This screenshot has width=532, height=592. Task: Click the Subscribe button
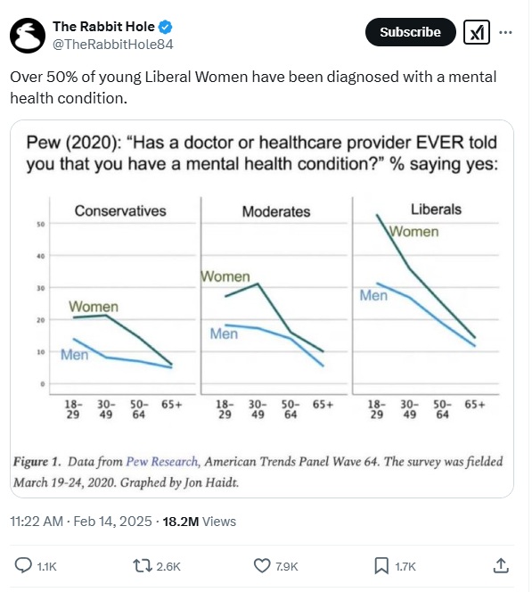(410, 32)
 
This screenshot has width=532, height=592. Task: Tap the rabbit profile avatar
(28, 35)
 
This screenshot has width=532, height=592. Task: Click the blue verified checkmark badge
(165, 27)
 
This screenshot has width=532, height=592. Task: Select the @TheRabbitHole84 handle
(113, 45)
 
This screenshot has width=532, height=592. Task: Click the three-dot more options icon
(505, 32)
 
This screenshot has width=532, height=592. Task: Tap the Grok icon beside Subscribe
(477, 32)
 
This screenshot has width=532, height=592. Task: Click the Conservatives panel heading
(120, 210)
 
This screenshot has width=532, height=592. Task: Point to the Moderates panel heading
(276, 211)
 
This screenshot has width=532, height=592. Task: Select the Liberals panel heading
(436, 210)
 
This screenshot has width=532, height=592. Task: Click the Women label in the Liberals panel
(414, 232)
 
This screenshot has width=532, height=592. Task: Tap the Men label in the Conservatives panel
(74, 355)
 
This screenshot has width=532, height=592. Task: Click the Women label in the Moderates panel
(225, 276)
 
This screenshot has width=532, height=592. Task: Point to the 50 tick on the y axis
(41, 225)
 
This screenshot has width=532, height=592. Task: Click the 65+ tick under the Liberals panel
(475, 405)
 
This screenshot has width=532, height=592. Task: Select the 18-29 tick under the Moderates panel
(225, 409)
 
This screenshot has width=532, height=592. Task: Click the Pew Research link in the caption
(162, 461)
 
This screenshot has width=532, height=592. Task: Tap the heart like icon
(261, 566)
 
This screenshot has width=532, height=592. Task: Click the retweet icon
(143, 566)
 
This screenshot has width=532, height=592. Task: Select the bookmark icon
(381, 566)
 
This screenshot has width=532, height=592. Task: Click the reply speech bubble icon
(23, 566)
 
